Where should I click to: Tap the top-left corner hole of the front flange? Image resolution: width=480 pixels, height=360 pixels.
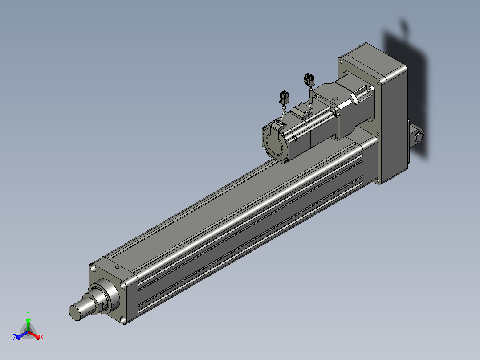click(94, 269)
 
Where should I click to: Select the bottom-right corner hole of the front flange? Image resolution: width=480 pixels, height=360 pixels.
click(123, 320)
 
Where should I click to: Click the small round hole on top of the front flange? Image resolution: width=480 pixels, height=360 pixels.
click(117, 267)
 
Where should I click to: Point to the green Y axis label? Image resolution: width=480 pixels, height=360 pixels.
click(28, 313)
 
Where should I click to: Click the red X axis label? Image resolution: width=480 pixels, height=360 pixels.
click(42, 337)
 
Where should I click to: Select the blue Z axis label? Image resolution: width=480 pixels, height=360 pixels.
click(15, 337)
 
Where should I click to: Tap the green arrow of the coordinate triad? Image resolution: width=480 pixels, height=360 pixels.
click(28, 325)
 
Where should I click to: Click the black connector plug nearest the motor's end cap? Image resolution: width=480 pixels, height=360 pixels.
click(284, 97)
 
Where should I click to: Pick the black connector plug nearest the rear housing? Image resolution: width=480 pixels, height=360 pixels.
click(309, 79)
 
